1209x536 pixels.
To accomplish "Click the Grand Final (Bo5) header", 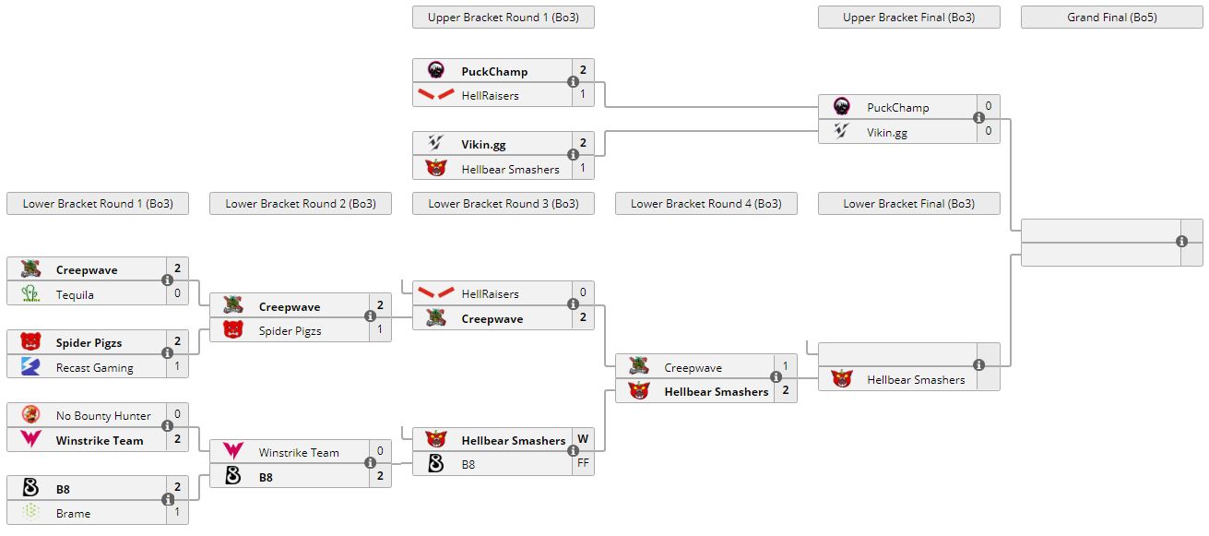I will pos(1111,18).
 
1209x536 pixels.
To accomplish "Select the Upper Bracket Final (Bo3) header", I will pos(908,18).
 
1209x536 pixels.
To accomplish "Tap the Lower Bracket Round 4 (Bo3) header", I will pos(705,204).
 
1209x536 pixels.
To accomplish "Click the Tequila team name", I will pos(75,294).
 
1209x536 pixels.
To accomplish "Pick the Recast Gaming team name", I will pos(94,367).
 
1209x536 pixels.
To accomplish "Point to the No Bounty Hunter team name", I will pos(102,416).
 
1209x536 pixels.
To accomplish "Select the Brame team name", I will pos(73,513).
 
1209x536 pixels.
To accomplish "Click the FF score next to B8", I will pos(583,463).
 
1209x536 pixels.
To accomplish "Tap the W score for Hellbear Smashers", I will pos(583,439).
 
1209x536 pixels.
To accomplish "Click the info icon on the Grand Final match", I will pos(1181,242).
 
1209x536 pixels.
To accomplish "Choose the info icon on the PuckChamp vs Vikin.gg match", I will pos(978,118).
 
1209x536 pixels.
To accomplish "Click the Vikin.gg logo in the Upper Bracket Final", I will pos(841,132).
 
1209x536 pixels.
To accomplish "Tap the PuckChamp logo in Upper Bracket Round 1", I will pos(436,70).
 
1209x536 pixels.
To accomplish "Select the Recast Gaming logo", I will pos(30,367).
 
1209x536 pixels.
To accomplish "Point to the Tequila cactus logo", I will pos(30,294).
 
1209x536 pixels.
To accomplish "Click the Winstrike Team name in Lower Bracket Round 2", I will pos(299,452).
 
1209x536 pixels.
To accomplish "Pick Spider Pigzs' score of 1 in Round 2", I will pos(380,329).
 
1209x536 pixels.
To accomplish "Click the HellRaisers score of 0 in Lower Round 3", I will pos(583,292).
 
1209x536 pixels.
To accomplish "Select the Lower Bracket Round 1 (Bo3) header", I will pos(98,204).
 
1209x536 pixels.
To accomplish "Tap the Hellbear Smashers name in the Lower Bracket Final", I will pos(915,379).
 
